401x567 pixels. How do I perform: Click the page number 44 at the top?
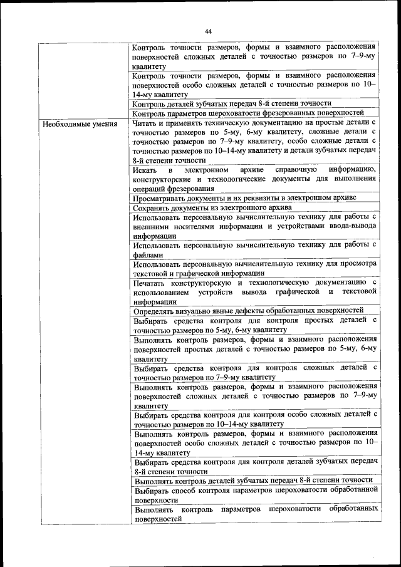coord(209,30)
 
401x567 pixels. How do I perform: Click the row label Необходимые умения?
coord(80,123)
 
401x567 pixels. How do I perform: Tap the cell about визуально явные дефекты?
coord(249,310)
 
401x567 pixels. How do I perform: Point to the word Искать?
coord(146,170)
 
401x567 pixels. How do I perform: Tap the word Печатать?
coord(151,283)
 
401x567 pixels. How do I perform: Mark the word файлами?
coord(148,255)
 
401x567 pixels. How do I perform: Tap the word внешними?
coord(151,227)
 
